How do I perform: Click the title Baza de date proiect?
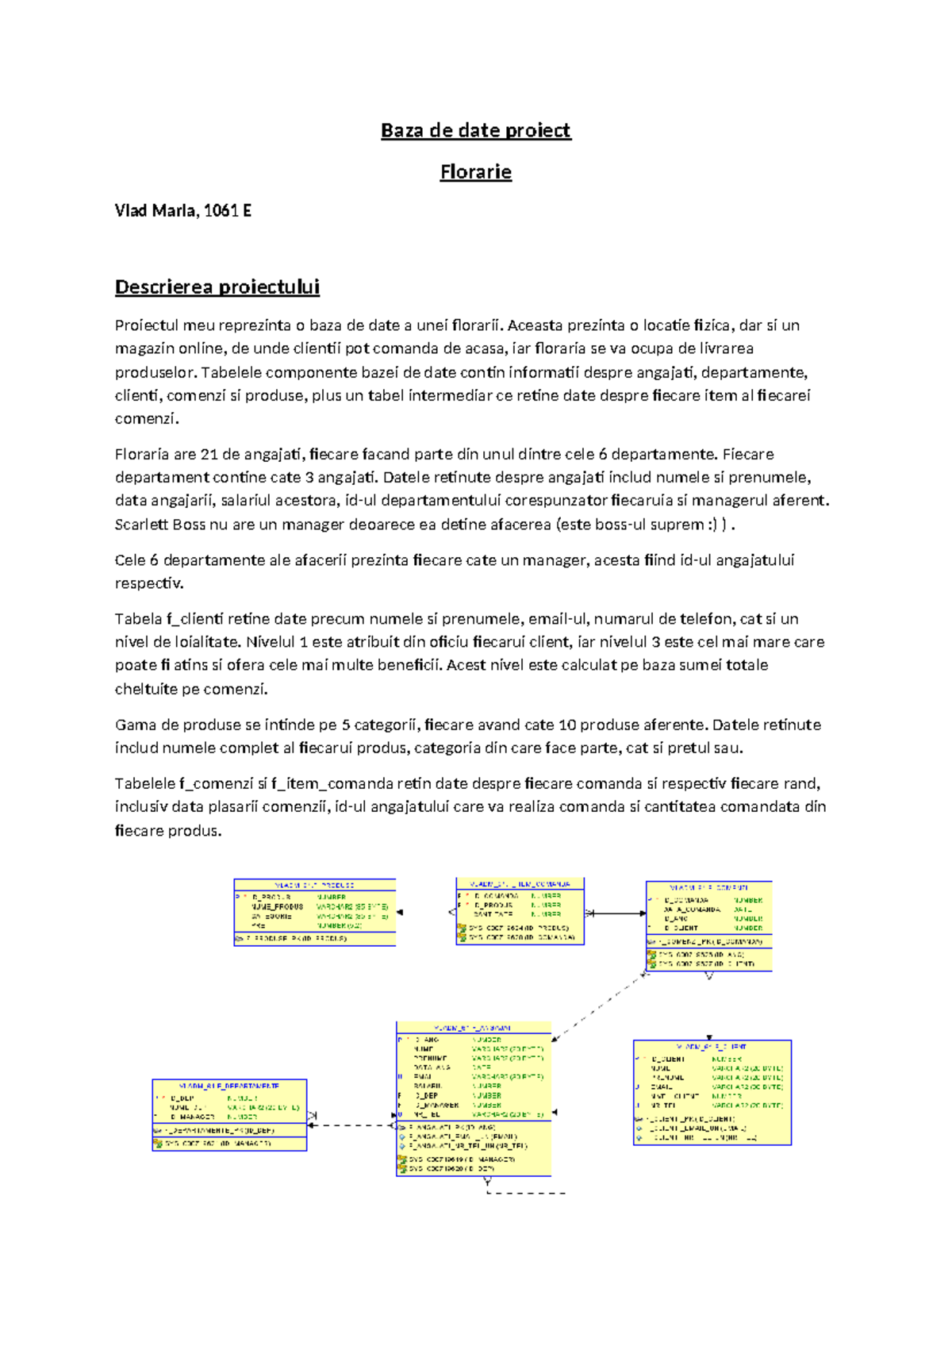475,130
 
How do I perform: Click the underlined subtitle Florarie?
475,172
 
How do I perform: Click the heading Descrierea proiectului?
217,287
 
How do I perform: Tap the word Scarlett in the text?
141,525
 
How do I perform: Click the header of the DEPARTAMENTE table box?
229,1086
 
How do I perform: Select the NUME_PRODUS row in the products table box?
277,906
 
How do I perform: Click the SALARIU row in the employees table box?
428,1086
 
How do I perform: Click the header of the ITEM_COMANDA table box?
520,883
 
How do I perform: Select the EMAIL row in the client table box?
662,1086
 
